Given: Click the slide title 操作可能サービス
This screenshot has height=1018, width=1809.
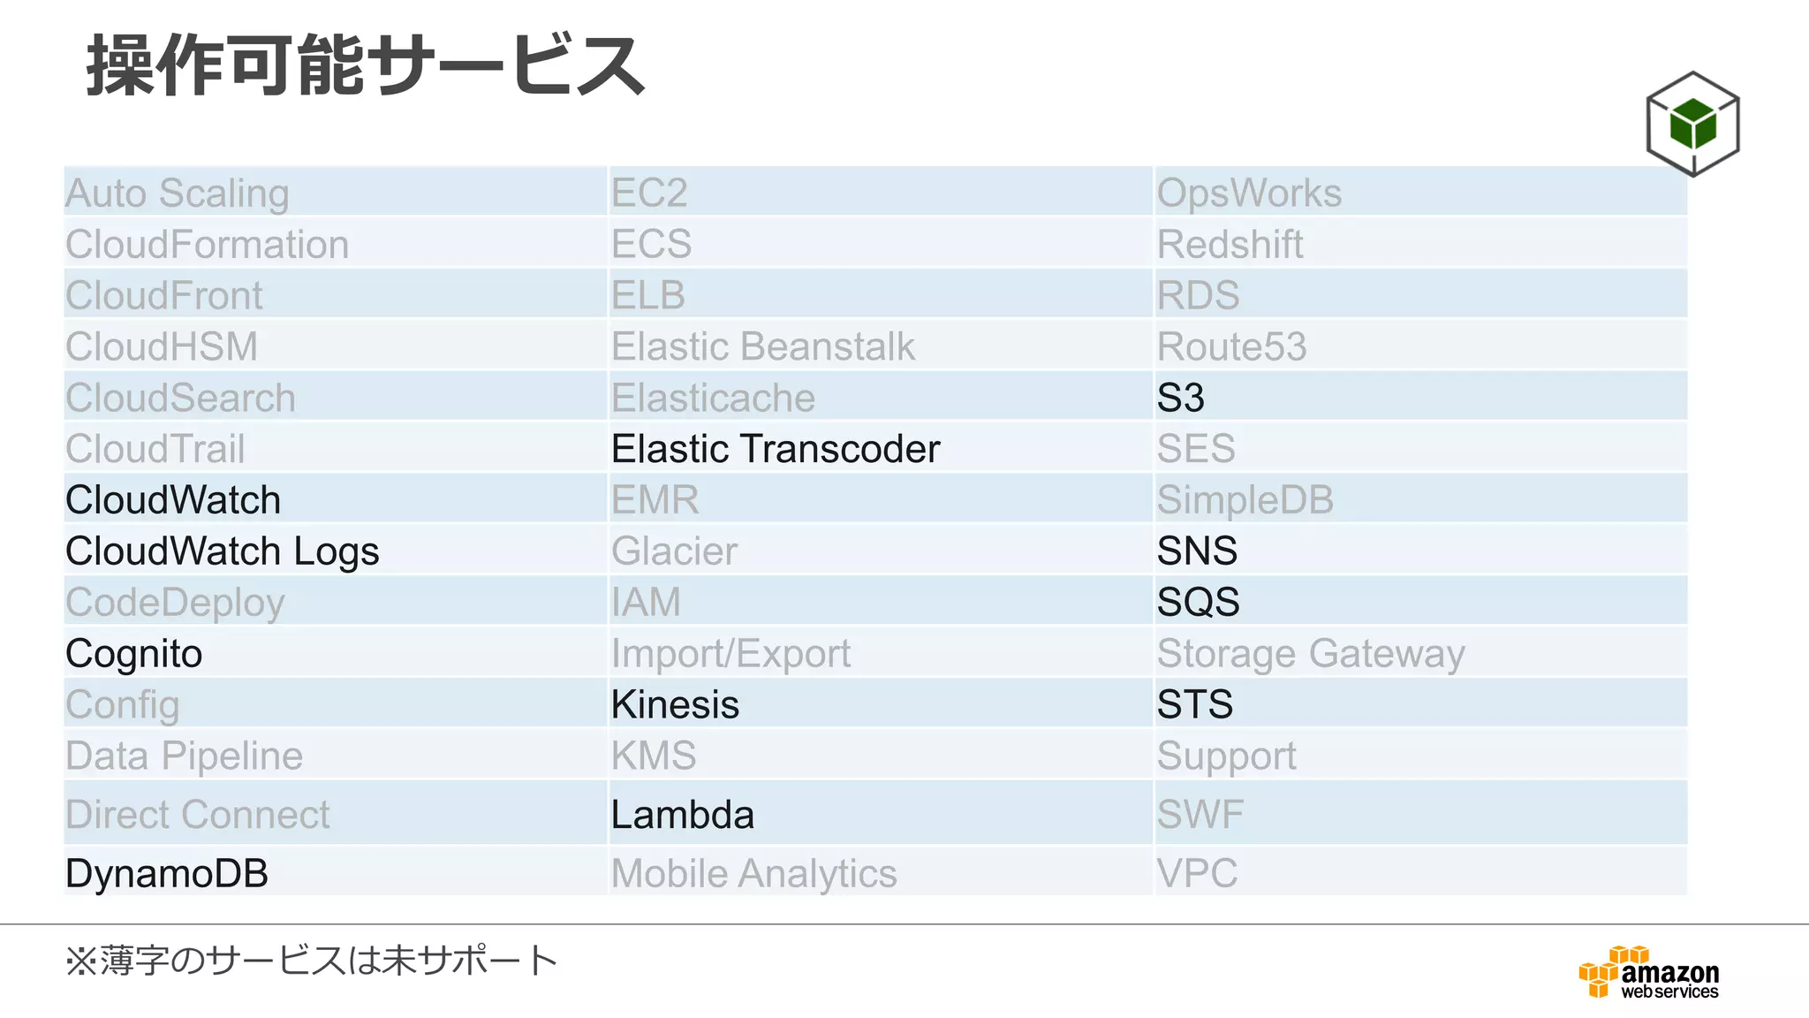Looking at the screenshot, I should coord(366,65).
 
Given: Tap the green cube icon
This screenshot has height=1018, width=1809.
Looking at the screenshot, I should coord(1692,124).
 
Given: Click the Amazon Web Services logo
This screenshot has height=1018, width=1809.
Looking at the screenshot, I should coord(1649,972).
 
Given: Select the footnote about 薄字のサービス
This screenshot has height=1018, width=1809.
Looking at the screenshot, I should coord(311,961).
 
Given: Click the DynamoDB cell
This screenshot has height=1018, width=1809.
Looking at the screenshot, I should coord(167,873).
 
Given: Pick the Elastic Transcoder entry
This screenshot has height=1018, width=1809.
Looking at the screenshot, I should coord(776,449).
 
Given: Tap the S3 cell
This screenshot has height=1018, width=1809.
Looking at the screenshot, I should coord(1181,398).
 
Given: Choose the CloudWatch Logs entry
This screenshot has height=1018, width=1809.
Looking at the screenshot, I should coord(223,551).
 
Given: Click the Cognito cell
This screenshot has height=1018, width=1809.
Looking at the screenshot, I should coord(134,654).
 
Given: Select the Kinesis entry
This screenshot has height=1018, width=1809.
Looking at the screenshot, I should coord(675,704).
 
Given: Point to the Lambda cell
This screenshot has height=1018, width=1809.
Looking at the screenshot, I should coord(682,815).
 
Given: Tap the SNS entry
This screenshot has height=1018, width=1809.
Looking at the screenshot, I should coord(1197,551).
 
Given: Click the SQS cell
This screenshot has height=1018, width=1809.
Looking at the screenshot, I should coord(1198,603).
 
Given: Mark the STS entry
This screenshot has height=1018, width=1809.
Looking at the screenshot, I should coord(1194,704).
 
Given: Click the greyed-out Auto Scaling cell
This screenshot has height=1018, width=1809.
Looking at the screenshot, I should coord(178,193).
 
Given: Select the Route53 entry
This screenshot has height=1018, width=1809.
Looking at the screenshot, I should coord(1231,346).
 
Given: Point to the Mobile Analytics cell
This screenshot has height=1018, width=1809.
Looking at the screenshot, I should coord(753,873).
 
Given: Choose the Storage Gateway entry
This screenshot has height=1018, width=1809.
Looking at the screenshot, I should coord(1311,654).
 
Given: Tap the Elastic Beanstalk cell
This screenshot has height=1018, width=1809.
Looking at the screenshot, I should coord(763,346).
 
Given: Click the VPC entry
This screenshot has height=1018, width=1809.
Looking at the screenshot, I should coord(1197,873).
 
